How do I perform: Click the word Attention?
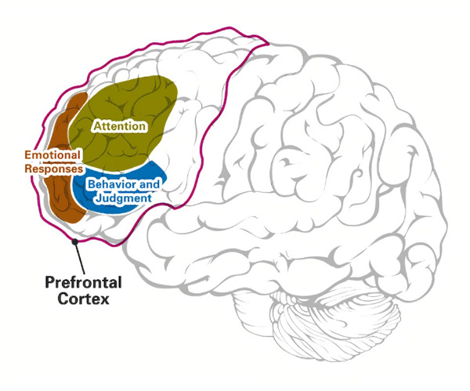pyautogui.click(x=119, y=125)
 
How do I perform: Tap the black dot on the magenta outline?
pyautogui.click(x=74, y=242)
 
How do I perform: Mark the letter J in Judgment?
pyautogui.click(x=96, y=199)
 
